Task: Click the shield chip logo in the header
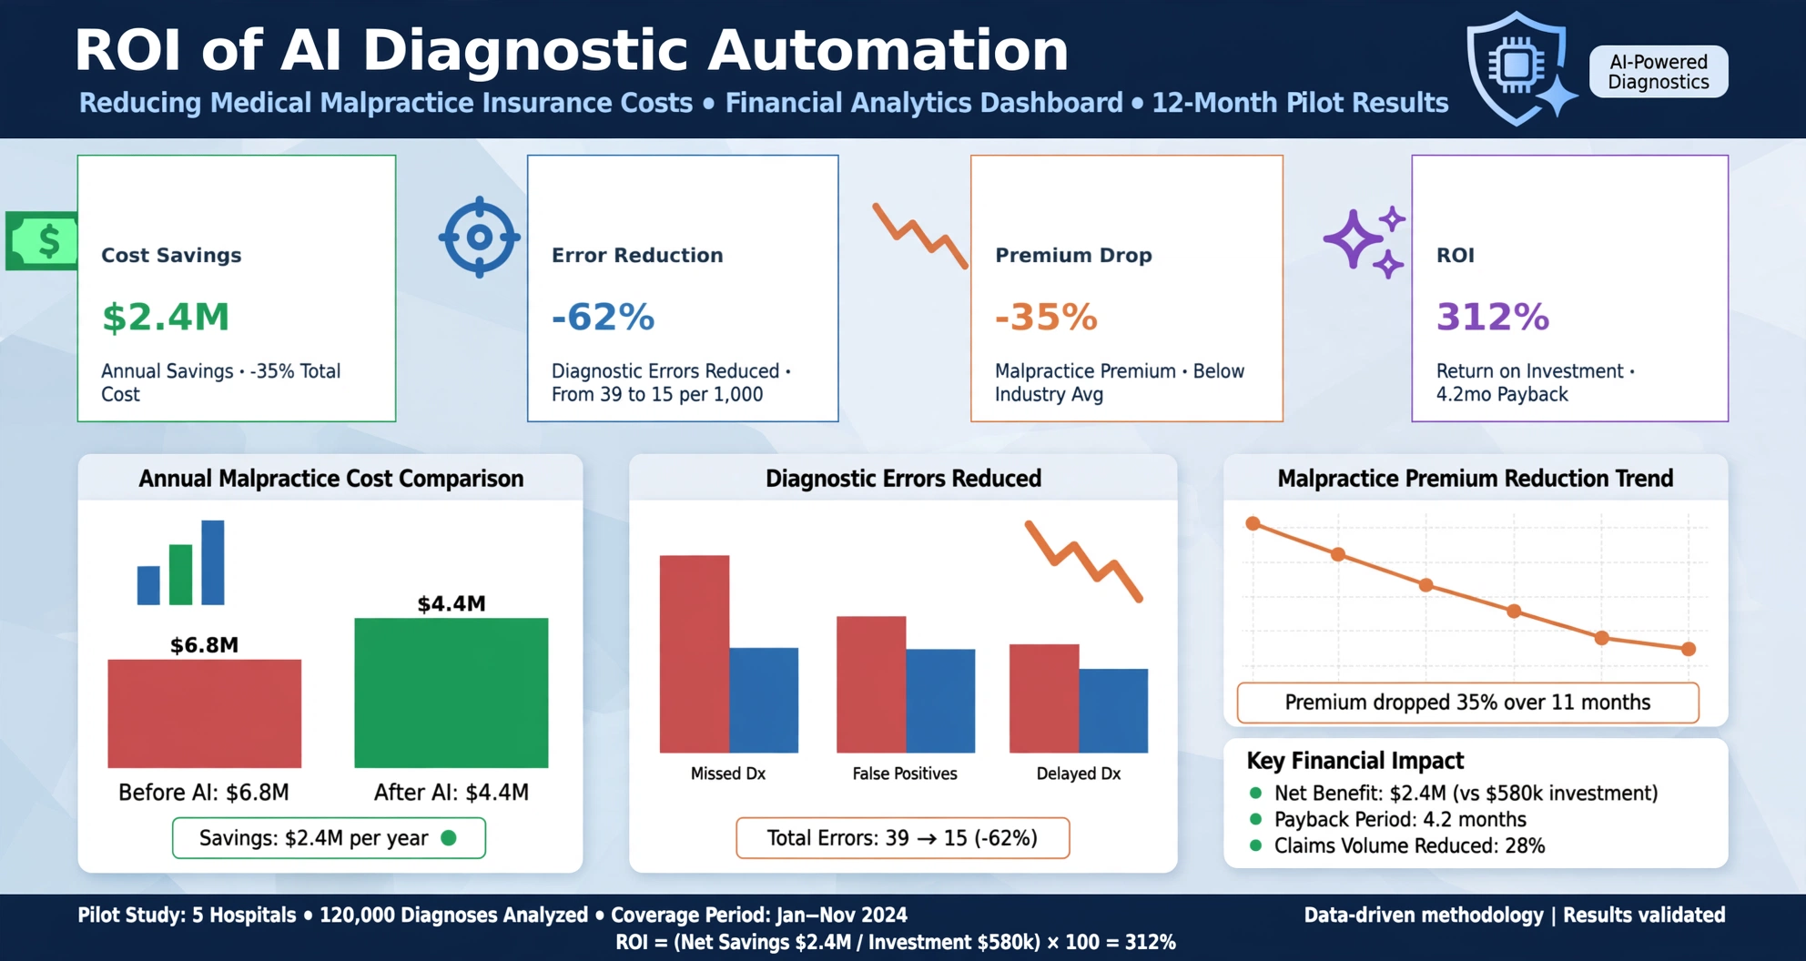pyautogui.click(x=1518, y=68)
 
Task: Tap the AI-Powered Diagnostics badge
pyautogui.click(x=1658, y=72)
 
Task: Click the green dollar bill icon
pyautogui.click(x=42, y=241)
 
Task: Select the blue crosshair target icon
pyautogui.click(x=479, y=238)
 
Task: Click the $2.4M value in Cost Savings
pyautogui.click(x=166, y=317)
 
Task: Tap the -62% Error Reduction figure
pyautogui.click(x=603, y=317)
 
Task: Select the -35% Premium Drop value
pyautogui.click(x=1046, y=317)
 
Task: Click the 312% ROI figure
pyautogui.click(x=1493, y=317)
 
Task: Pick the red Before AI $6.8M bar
pyautogui.click(x=204, y=713)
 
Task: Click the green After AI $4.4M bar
pyautogui.click(x=451, y=693)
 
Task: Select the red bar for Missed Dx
pyautogui.click(x=695, y=653)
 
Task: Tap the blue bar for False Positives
pyautogui.click(x=940, y=701)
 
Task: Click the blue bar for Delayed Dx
pyautogui.click(x=1113, y=711)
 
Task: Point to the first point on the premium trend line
pyautogui.click(x=1253, y=523)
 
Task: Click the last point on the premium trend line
pyautogui.click(x=1689, y=649)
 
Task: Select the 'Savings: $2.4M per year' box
pyautogui.click(x=329, y=838)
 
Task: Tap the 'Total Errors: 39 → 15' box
pyautogui.click(x=902, y=838)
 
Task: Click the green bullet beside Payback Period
pyautogui.click(x=1256, y=819)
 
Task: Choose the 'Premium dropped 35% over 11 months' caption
pyautogui.click(x=1467, y=703)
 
